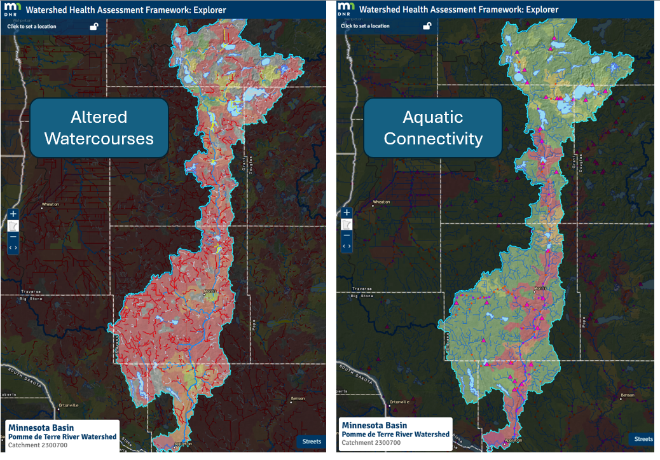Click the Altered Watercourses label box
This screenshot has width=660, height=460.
click(x=100, y=127)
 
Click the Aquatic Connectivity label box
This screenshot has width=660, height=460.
click(x=433, y=127)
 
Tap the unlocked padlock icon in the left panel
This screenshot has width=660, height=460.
click(x=94, y=26)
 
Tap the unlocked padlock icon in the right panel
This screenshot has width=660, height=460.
click(x=427, y=26)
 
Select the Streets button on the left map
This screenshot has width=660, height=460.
click(x=311, y=441)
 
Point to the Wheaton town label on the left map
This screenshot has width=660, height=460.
click(x=50, y=205)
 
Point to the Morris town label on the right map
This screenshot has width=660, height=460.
click(x=540, y=289)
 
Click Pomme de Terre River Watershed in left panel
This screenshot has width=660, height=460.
click(x=62, y=437)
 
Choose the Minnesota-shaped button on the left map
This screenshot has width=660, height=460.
click(x=13, y=225)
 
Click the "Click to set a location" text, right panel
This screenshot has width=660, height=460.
click(x=365, y=26)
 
